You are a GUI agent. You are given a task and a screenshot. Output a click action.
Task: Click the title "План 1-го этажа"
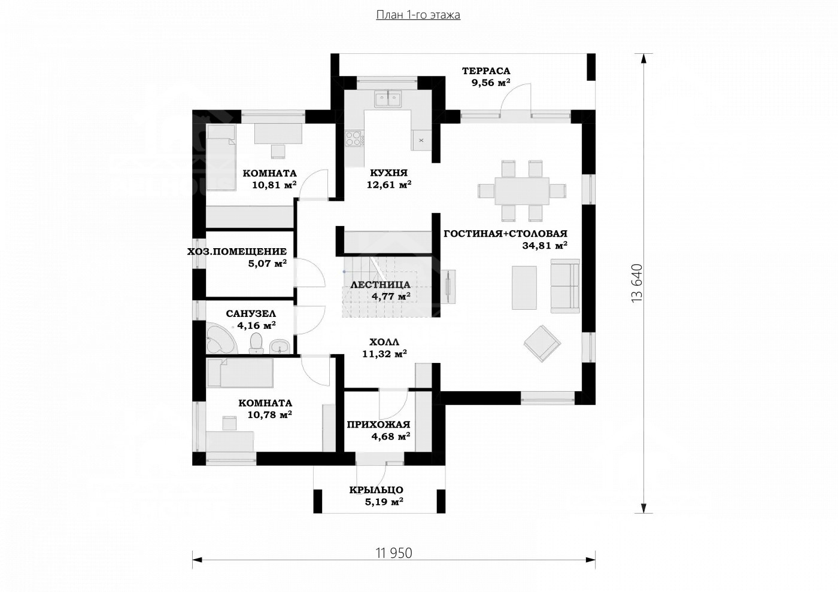tap(418, 15)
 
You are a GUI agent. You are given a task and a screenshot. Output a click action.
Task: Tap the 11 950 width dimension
tap(394, 553)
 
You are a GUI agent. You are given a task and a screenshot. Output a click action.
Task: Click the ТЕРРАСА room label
tap(486, 71)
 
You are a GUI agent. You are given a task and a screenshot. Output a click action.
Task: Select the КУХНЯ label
tap(388, 173)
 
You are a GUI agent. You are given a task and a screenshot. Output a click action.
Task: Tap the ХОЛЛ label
tap(384, 342)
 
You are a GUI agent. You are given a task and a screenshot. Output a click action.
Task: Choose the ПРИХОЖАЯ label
tap(378, 425)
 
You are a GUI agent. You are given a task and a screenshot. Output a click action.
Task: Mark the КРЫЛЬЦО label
tap(377, 490)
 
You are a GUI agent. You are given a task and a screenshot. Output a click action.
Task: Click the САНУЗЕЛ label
tap(251, 313)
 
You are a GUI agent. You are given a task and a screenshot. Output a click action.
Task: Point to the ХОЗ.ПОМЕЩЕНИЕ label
tap(237, 252)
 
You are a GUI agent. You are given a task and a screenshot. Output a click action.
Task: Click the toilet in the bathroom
tap(256, 343)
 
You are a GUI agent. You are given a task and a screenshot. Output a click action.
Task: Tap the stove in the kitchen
tap(354, 139)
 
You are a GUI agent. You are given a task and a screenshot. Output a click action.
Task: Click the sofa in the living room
tap(566, 286)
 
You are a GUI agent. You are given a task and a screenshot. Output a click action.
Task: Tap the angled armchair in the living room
tap(542, 343)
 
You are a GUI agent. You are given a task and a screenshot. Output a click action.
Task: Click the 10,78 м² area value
tap(269, 414)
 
